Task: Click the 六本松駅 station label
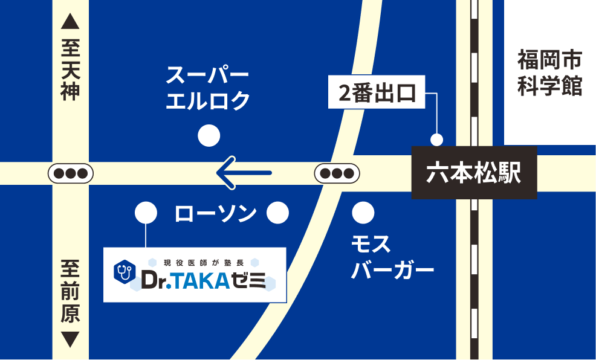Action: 474,173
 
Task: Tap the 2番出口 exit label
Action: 377,94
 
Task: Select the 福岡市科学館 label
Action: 549,73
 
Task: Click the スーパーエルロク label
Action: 208,88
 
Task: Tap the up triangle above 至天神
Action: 71,23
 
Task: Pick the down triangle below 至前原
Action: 71,339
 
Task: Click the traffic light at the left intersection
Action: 71,173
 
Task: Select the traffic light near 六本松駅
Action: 337,173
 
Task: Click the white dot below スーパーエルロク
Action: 209,136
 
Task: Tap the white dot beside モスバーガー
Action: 363,212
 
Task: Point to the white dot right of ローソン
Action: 278,212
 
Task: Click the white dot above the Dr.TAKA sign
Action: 146,212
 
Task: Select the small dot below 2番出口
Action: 436,140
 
